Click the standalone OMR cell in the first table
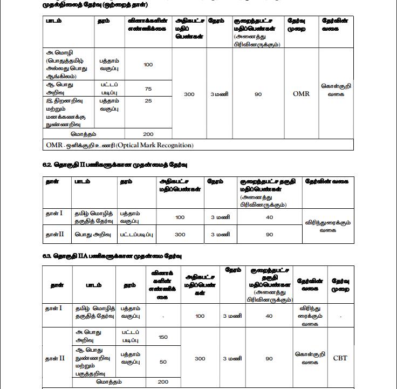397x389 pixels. click(301, 93)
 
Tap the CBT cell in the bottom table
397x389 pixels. click(340, 358)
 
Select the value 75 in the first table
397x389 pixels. click(148, 88)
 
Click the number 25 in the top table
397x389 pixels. click(148, 101)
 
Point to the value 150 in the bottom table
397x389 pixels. click(163, 337)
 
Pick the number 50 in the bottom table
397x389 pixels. click(163, 362)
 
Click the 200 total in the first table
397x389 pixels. click(148, 133)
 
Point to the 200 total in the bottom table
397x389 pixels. click(163, 381)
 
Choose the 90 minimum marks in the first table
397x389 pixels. click(258, 94)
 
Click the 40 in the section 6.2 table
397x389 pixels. click(269, 217)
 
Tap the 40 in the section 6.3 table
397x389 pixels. click(269, 316)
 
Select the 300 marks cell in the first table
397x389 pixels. click(189, 94)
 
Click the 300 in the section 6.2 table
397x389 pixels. click(180, 234)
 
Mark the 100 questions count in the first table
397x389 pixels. click(148, 65)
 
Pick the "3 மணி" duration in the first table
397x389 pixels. click(219, 94)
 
